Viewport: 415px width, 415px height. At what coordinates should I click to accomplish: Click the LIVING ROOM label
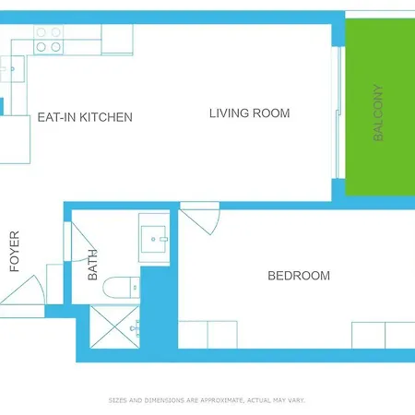[249, 113]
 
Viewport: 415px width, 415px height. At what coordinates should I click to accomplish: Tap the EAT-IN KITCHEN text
[85, 117]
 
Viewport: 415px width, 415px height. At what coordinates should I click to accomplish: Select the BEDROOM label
[299, 276]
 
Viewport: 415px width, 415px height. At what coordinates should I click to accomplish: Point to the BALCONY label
[378, 113]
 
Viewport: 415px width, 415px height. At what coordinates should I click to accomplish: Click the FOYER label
[15, 252]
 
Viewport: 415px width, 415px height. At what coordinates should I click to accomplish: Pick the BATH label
[92, 265]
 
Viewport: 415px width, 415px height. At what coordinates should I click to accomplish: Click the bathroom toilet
[121, 288]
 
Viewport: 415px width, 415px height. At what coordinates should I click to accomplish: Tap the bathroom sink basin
[153, 239]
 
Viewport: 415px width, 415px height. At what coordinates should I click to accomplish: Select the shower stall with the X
[114, 326]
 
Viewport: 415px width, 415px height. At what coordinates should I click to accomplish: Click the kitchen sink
[12, 69]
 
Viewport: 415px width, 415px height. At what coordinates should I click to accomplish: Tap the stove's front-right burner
[55, 47]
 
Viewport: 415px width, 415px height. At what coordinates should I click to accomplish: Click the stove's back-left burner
[41, 32]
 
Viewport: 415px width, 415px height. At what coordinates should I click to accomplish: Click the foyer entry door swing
[22, 290]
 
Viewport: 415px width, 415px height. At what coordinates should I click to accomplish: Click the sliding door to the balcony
[338, 113]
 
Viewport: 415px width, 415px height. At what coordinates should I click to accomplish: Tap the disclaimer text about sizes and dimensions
[207, 400]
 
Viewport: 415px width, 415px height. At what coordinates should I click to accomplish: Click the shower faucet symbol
[136, 328]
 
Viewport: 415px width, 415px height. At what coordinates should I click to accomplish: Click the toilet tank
[135, 288]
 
